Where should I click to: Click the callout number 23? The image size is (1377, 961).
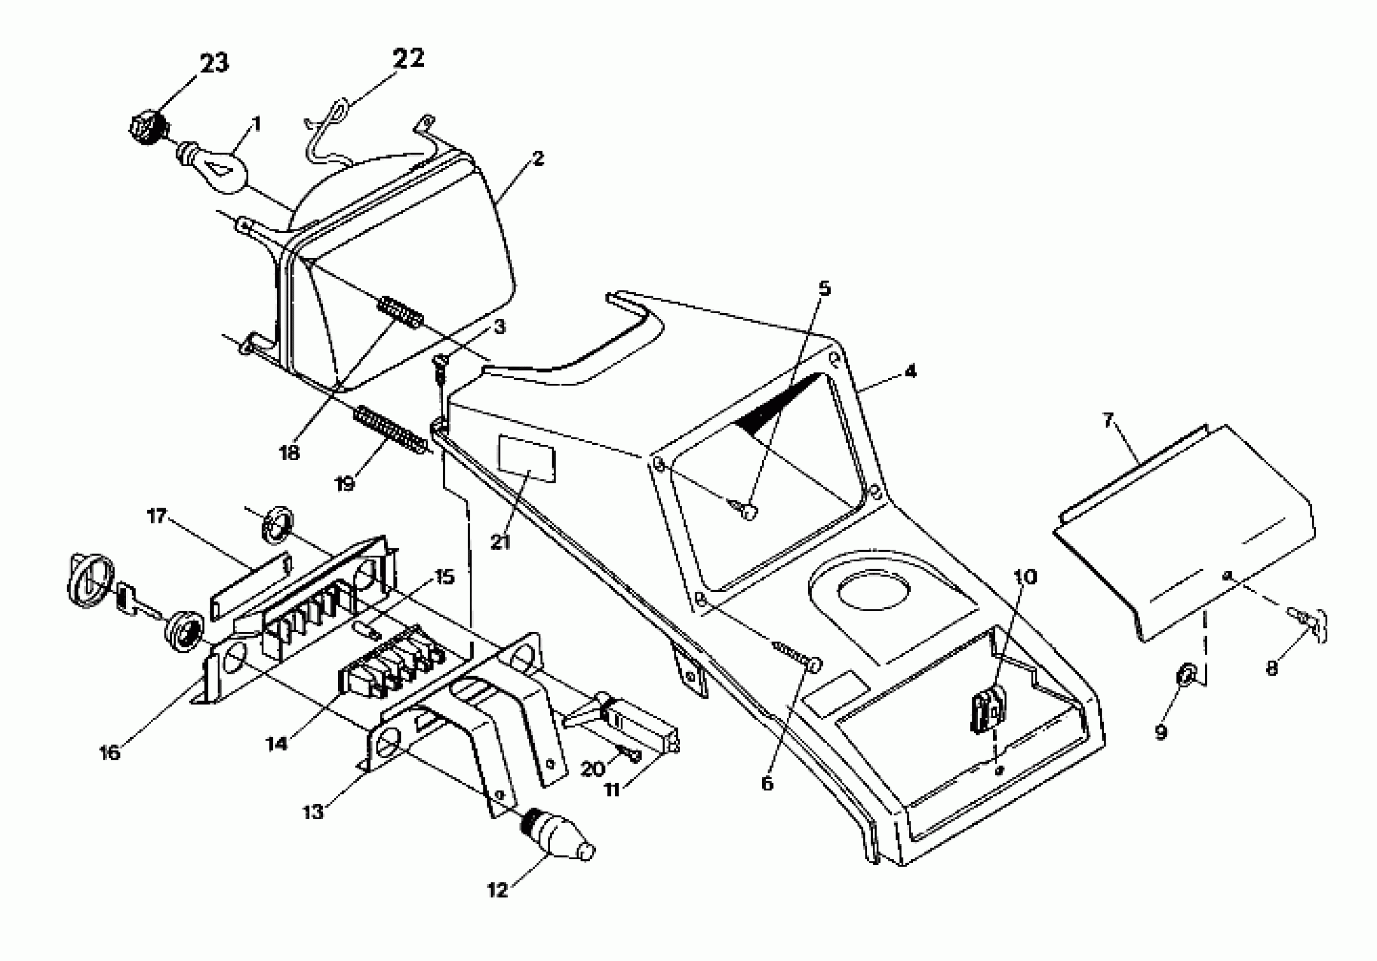tap(214, 63)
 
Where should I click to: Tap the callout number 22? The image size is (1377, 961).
tap(409, 58)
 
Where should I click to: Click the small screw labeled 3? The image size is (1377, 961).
tap(441, 365)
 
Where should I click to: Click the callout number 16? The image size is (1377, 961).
tap(110, 752)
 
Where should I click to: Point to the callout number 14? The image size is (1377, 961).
tap(277, 744)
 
